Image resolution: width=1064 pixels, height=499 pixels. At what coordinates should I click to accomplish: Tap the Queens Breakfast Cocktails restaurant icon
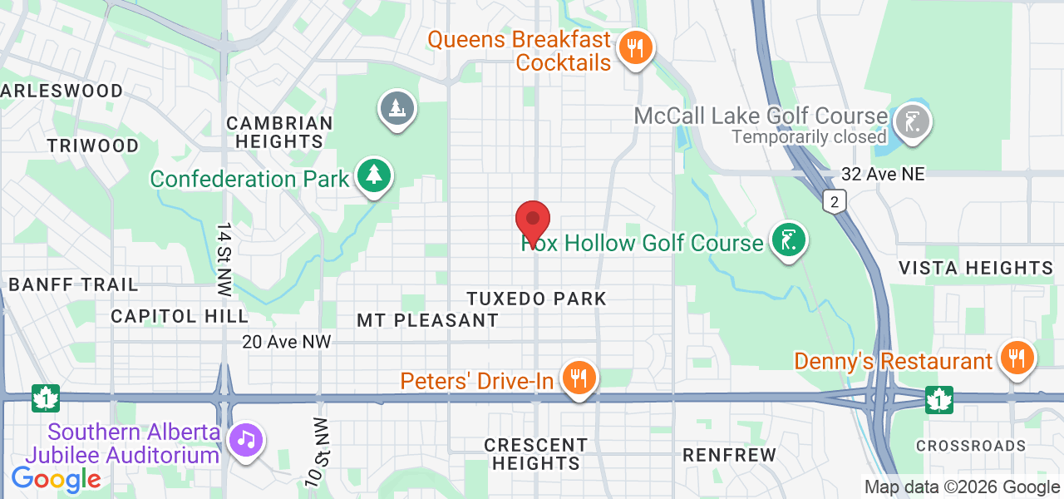pyautogui.click(x=636, y=47)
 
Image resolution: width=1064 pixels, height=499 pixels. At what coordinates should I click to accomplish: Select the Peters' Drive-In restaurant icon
pyautogui.click(x=579, y=378)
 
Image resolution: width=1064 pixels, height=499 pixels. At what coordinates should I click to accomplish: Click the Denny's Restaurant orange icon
pyautogui.click(x=1015, y=358)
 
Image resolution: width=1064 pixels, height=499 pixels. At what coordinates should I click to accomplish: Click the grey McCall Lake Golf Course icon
pyautogui.click(x=912, y=122)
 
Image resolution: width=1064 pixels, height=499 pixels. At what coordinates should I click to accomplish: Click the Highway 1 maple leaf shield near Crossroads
pyautogui.click(x=939, y=399)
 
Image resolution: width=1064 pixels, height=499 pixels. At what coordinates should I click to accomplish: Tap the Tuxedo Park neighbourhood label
pyautogui.click(x=536, y=299)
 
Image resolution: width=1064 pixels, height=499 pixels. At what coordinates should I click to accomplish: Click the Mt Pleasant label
pyautogui.click(x=427, y=320)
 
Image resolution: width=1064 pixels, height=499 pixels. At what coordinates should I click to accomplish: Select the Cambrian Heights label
pyautogui.click(x=279, y=132)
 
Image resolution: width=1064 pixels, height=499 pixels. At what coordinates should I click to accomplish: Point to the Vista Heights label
pyautogui.click(x=976, y=268)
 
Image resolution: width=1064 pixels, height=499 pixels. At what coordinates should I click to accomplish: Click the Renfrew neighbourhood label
pyautogui.click(x=729, y=455)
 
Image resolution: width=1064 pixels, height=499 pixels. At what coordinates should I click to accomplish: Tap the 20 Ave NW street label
pyautogui.click(x=287, y=342)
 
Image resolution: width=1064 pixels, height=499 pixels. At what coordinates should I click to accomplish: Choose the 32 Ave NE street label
pyautogui.click(x=883, y=174)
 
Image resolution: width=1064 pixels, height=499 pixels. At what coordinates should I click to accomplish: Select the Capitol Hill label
pyautogui.click(x=180, y=316)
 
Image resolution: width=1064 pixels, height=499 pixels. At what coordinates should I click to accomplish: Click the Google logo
pyautogui.click(x=56, y=478)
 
